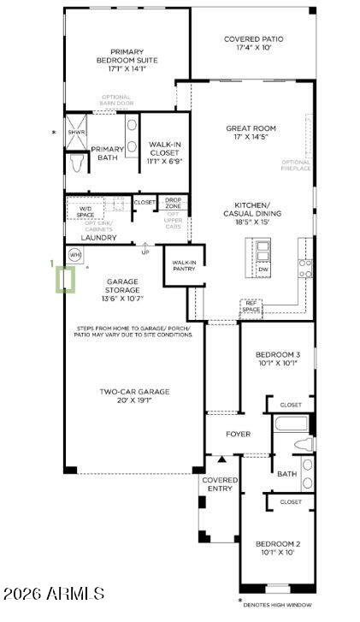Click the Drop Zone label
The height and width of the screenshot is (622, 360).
tap(173, 203)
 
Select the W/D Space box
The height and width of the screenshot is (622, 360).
tap(86, 210)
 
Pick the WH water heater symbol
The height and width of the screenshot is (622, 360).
tap(74, 255)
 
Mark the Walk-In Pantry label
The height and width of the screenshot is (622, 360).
tap(184, 265)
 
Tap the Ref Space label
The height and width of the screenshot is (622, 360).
tap(251, 305)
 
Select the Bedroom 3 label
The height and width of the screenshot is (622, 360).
tap(278, 358)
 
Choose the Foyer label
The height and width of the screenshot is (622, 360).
tap(238, 434)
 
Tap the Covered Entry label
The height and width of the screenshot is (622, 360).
tap(220, 484)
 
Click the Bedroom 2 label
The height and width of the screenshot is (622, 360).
tap(277, 548)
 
